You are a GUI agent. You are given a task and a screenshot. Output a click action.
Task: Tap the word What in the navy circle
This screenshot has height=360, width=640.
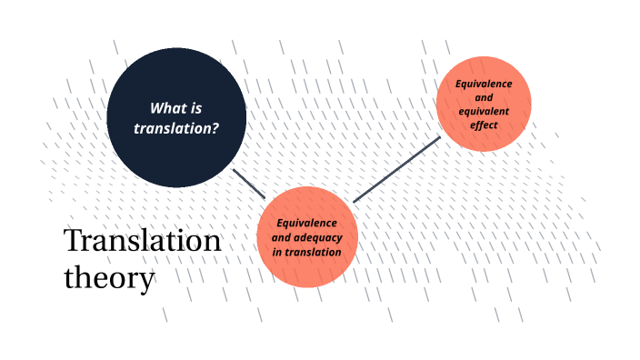(167, 108)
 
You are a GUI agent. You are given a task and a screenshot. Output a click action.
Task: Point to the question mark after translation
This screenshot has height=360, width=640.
(215, 128)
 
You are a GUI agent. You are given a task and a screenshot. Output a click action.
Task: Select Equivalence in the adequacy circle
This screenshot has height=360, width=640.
(307, 223)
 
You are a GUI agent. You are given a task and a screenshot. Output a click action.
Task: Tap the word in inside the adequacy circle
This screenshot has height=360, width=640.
(278, 252)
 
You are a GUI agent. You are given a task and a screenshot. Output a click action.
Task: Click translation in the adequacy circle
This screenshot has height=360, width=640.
(314, 252)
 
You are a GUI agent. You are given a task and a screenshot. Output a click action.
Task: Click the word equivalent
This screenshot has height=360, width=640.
(484, 111)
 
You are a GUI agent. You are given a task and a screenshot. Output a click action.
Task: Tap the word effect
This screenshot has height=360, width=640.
(484, 125)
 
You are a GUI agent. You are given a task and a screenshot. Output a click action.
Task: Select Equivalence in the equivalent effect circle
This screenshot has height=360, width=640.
(484, 84)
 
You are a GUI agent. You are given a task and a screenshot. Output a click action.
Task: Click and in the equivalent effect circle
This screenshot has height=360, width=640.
(484, 97)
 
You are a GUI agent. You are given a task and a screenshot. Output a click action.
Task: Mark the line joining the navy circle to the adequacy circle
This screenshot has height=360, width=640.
(248, 183)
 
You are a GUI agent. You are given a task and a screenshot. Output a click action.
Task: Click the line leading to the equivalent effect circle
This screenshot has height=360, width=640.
(396, 169)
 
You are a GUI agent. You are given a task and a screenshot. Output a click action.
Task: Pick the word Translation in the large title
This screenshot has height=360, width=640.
(143, 241)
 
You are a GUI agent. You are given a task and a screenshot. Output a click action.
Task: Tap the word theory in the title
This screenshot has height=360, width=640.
(109, 277)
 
